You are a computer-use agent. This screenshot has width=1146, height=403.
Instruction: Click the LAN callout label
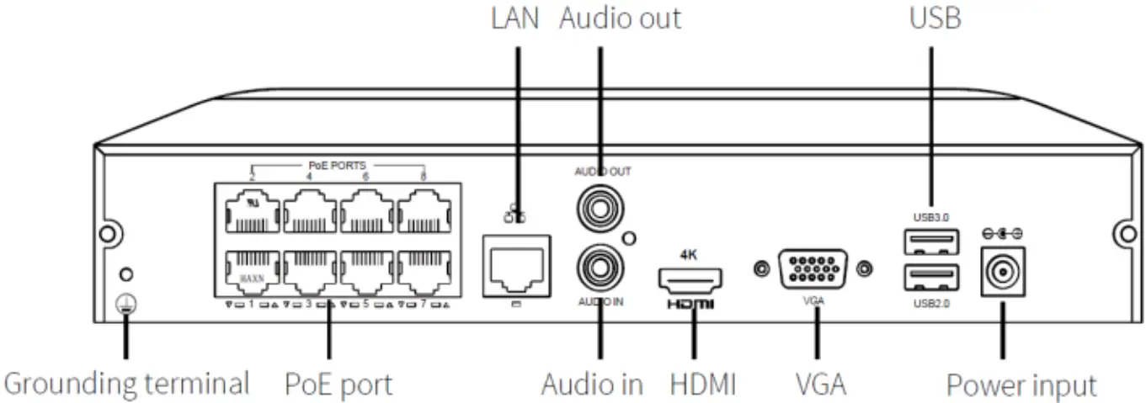514,19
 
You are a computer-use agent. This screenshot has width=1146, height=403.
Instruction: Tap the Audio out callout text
621,19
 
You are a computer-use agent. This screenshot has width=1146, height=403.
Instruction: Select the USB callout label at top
935,19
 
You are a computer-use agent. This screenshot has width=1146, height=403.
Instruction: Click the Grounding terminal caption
127,383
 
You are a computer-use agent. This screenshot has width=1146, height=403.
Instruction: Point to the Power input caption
1021,385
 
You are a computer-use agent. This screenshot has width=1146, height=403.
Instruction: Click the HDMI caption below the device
703,384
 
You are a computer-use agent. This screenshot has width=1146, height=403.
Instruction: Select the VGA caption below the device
821,384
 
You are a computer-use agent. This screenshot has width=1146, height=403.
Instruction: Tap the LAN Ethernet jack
515,265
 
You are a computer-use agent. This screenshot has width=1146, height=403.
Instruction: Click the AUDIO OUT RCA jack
599,204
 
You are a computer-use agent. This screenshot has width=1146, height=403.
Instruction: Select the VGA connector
813,269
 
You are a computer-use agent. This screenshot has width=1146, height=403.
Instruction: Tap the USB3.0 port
930,243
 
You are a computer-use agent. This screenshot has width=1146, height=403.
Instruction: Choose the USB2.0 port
930,278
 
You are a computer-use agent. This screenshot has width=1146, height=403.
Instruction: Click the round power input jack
1003,272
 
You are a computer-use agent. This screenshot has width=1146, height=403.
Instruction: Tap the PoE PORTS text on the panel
338,166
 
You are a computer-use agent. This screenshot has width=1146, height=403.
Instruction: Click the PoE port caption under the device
338,384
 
